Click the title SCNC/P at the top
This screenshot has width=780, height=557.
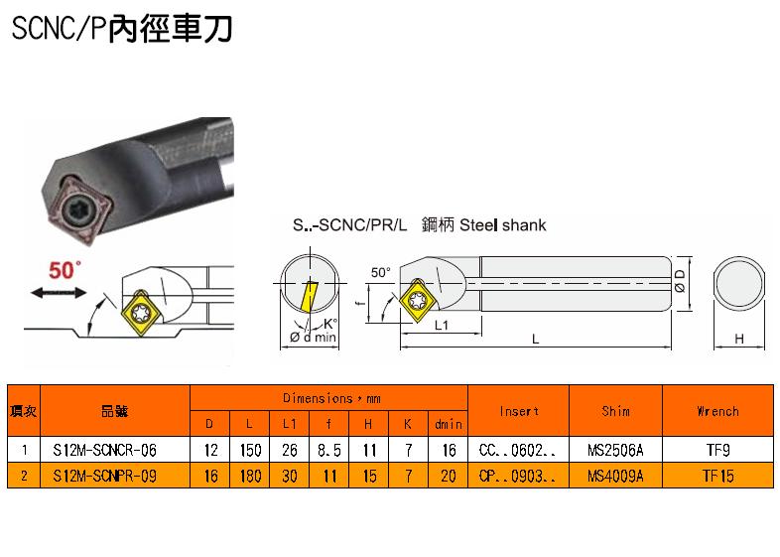click(x=59, y=29)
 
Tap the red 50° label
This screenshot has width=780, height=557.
click(x=65, y=270)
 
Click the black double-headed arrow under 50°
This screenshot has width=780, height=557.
click(x=59, y=293)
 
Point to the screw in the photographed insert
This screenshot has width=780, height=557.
click(x=80, y=212)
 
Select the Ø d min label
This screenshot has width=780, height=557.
click(x=313, y=337)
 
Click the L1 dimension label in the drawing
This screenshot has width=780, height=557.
click(x=442, y=325)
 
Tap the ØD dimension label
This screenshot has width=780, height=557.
click(x=680, y=281)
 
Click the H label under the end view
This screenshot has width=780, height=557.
click(x=739, y=339)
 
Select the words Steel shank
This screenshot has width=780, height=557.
click(x=502, y=225)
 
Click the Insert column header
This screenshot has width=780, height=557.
click(x=519, y=411)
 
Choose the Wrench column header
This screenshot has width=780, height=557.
click(x=717, y=411)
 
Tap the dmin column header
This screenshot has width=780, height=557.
click(x=449, y=424)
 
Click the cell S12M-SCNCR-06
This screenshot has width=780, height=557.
click(x=104, y=451)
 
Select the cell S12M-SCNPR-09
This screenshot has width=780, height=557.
click(x=104, y=477)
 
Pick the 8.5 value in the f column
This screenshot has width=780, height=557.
click(x=329, y=451)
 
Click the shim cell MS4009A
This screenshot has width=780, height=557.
click(x=615, y=477)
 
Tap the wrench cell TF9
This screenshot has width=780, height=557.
click(x=717, y=451)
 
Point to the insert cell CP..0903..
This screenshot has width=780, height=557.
click(x=517, y=477)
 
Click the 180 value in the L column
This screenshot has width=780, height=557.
click(x=250, y=477)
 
